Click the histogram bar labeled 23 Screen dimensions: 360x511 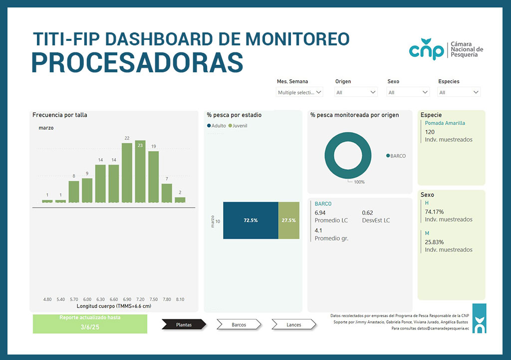click(140, 172)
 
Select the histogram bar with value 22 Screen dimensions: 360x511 click(127, 173)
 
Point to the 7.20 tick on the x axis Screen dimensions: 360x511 click(140, 299)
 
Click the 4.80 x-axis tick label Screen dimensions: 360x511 click(47, 299)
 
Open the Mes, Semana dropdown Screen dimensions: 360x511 click(300, 92)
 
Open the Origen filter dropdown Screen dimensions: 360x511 click(356, 92)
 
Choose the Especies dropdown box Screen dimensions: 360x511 click(459, 92)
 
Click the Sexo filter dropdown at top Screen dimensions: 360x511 click(408, 92)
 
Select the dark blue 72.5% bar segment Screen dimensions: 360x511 click(251, 220)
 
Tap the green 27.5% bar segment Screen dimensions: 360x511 click(288, 220)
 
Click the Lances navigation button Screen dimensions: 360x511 click(294, 325)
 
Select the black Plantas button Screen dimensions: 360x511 click(184, 325)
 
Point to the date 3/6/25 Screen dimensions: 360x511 click(90, 327)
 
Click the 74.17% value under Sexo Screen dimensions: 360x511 click(434, 212)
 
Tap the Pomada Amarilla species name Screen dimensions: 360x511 click(445, 123)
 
